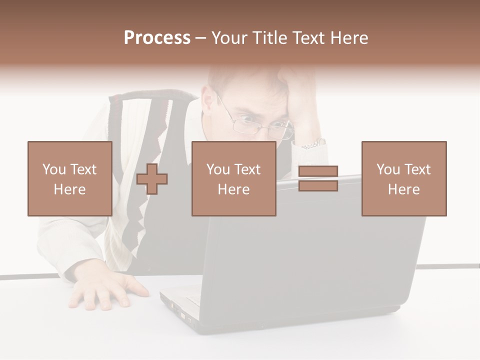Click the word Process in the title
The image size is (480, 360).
[157, 38]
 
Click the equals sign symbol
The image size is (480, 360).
[318, 178]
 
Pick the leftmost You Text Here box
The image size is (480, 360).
[69, 178]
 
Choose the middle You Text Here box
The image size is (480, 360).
[233, 178]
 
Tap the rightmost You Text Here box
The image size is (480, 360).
[403, 178]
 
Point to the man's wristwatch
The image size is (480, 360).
[313, 144]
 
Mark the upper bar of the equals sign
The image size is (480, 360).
[318, 171]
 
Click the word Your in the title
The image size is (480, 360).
[229, 38]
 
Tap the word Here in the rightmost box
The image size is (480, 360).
[403, 189]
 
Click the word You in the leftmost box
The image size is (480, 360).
[54, 169]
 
